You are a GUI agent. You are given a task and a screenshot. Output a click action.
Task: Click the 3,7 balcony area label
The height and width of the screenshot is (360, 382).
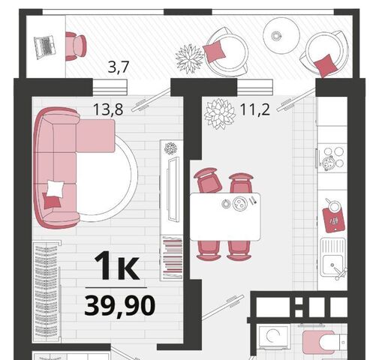119,67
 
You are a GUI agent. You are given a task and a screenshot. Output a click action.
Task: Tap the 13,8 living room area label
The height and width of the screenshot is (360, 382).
108,109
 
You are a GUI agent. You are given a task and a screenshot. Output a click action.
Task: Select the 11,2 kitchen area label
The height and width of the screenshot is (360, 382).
255,109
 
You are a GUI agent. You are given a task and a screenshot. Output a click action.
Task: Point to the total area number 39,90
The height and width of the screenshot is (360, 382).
119,306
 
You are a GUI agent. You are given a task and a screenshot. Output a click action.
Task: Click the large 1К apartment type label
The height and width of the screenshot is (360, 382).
116,265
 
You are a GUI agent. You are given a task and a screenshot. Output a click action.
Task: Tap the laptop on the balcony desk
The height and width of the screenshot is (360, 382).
44,47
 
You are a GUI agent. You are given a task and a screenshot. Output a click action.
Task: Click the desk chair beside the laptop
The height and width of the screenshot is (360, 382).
76,46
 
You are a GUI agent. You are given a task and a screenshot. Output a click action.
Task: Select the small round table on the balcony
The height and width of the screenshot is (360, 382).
281,35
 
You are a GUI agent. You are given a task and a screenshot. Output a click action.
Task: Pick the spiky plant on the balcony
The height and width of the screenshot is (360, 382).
189,58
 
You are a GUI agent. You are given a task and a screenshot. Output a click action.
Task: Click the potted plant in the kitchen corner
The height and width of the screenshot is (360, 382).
220,114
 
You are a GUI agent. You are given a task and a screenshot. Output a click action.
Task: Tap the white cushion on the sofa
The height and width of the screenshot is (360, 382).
56,189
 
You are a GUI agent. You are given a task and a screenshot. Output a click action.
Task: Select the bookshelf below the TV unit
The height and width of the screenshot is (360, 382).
173,258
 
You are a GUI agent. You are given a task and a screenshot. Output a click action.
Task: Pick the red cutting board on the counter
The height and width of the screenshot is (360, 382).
333,219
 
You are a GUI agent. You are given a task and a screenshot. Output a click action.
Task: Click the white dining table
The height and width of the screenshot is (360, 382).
225,217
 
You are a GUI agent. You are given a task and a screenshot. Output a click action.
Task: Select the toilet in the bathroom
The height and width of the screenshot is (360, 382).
323,342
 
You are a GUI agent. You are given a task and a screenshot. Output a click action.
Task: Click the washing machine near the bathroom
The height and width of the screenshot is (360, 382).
274,337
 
